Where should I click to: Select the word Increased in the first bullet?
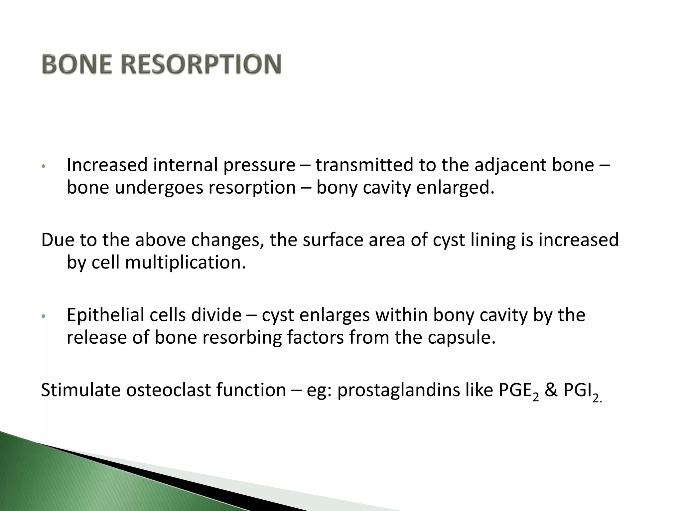(107, 165)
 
